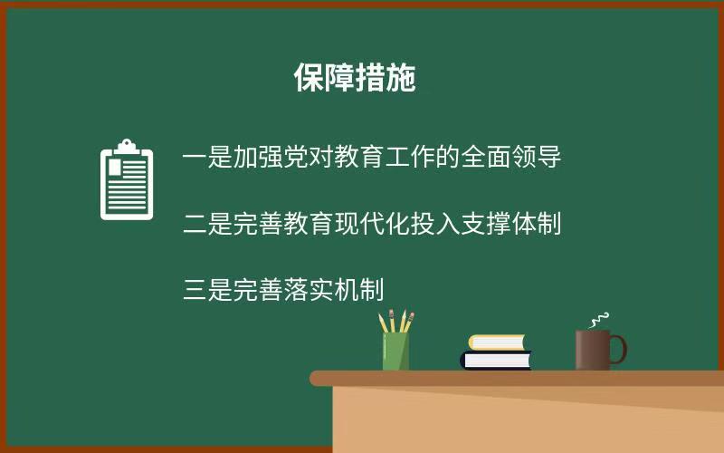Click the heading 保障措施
[355, 78]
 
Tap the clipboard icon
[127, 179]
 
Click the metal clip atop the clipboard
[127, 147]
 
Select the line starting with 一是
[372, 156]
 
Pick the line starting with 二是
[372, 223]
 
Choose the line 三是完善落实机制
[283, 290]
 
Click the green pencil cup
[395, 351]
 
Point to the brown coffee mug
[601, 350]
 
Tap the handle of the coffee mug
[619, 350]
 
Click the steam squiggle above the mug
[599, 320]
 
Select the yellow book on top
[497, 342]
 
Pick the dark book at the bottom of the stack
[496, 360]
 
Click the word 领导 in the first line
[536, 156]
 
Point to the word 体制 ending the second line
[536, 223]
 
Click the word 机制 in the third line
[359, 290]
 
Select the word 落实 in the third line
[309, 290]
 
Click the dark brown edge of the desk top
[517, 378]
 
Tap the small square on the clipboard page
[115, 168]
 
